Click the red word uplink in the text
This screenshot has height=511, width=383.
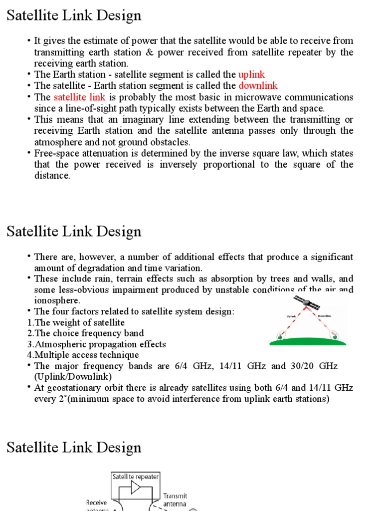pyautogui.click(x=251, y=75)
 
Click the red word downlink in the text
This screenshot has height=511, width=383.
pyautogui.click(x=258, y=86)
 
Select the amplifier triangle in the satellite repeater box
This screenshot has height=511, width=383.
pyautogui.click(x=135, y=487)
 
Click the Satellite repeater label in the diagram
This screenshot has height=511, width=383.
pyautogui.click(x=136, y=477)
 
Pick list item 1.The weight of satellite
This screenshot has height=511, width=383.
pyautogui.click(x=76, y=323)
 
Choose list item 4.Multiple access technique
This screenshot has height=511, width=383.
pyautogui.click(x=83, y=355)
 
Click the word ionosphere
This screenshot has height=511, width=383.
pyautogui.click(x=57, y=301)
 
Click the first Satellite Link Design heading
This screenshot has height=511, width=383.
pyautogui.click(x=74, y=15)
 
